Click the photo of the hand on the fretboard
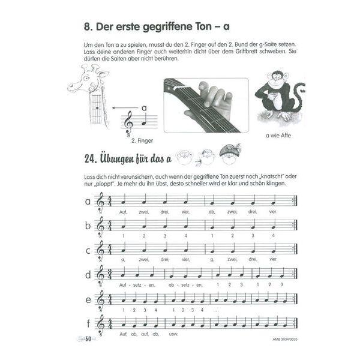(x=206, y=104)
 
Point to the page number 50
(x=89, y=341)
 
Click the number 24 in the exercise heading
(x=90, y=158)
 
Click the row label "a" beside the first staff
(x=87, y=202)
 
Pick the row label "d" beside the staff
(x=88, y=275)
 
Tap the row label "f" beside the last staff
(x=88, y=324)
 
